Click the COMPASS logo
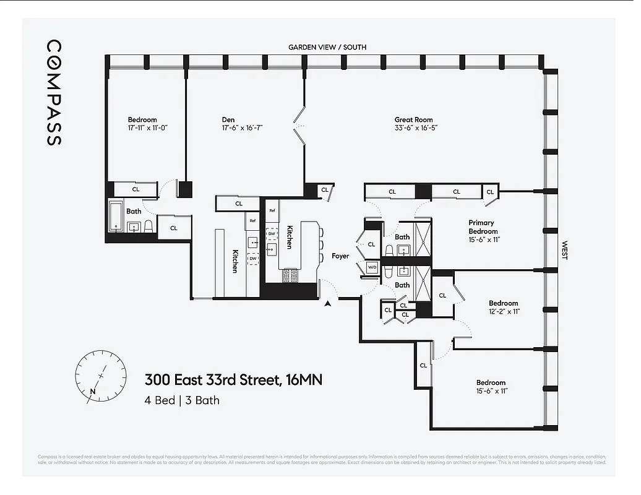pyautogui.click(x=54, y=93)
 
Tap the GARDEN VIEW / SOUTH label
pyautogui.click(x=327, y=47)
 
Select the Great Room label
pyautogui.click(x=413, y=119)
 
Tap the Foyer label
pyautogui.click(x=340, y=256)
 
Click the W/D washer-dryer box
pyautogui.click(x=372, y=267)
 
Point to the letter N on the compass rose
pyautogui.click(x=93, y=391)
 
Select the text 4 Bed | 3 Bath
pyautogui.click(x=182, y=400)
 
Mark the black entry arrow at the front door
pyautogui.click(x=329, y=303)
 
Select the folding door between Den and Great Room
pyautogui.click(x=301, y=126)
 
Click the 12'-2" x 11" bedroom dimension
pyautogui.click(x=504, y=311)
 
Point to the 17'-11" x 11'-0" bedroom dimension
pyautogui.click(x=142, y=128)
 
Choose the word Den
pyautogui.click(x=228, y=119)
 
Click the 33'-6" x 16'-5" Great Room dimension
pyautogui.click(x=413, y=128)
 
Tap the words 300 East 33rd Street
pyautogui.click(x=210, y=379)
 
